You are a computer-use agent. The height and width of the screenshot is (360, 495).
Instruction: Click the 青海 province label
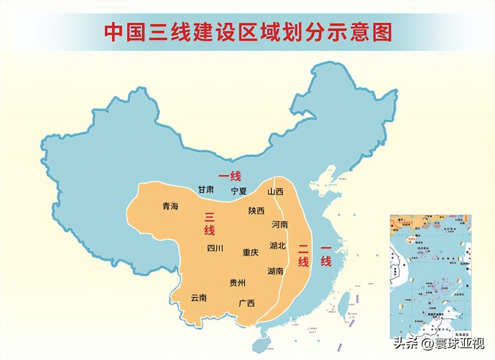coord(171,207)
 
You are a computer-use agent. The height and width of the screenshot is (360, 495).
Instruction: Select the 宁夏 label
coord(239,191)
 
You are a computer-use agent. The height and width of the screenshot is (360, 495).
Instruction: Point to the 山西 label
coord(275,192)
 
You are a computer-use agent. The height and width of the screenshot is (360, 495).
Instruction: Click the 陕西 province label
coord(256,211)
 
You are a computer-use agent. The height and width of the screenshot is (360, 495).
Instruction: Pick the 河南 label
coord(279,225)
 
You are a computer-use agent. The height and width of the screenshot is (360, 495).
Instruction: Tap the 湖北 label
coord(278,246)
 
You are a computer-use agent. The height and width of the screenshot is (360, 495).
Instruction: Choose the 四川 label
coord(215,248)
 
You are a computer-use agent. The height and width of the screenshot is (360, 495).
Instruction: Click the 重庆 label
coord(251,252)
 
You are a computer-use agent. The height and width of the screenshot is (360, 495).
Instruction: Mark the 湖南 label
coord(275,271)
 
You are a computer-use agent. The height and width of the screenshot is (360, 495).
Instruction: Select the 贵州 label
coord(238,283)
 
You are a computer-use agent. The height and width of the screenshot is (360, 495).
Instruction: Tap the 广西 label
coord(247,303)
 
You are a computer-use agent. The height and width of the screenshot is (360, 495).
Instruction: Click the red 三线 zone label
coord(210,224)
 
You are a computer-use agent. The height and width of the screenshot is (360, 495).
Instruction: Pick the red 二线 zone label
coord(303,255)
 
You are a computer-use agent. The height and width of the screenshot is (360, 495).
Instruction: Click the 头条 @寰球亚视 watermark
coord(439,344)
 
